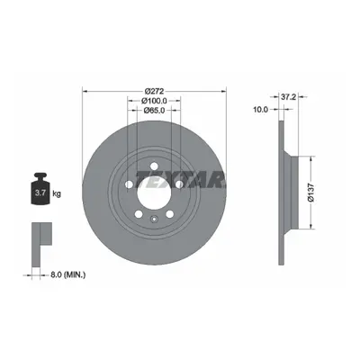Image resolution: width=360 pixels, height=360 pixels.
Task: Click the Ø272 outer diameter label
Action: tap(154, 91)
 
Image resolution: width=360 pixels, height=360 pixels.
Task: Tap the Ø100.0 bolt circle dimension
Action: tap(154, 101)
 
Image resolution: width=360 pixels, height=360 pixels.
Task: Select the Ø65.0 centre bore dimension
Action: tap(154, 111)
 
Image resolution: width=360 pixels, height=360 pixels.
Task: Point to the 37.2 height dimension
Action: tap(288, 97)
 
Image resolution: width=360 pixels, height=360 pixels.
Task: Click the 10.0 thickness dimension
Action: tap(260, 110)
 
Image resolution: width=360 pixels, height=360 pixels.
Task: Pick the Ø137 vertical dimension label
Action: tap(310, 193)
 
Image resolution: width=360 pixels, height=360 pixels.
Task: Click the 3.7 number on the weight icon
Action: tap(40, 193)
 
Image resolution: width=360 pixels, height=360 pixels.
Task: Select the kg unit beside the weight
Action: tap(57, 193)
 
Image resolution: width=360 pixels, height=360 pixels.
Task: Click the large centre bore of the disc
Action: tap(154, 193)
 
